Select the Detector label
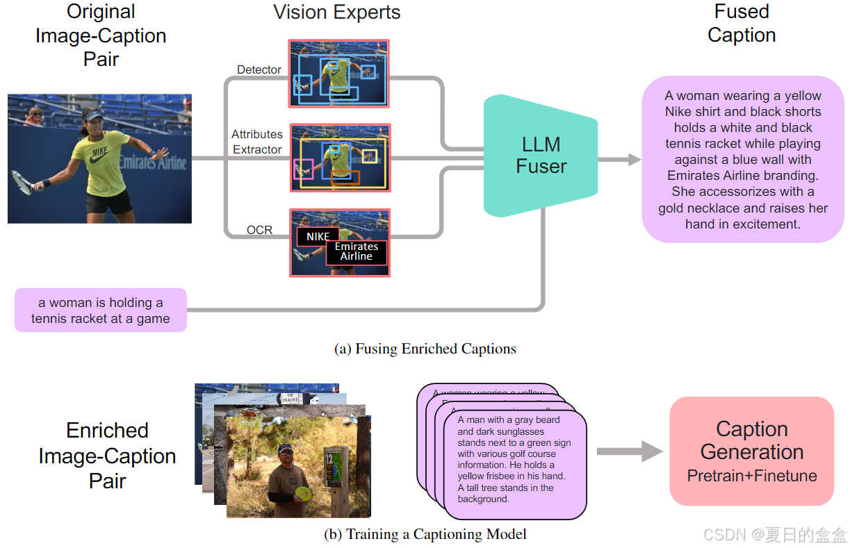(x=259, y=69)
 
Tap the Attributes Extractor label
(x=257, y=142)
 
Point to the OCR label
(x=259, y=230)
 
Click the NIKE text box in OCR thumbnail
(x=318, y=236)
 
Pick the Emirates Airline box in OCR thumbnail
(x=357, y=251)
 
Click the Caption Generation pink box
(x=751, y=451)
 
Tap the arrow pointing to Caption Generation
(x=630, y=451)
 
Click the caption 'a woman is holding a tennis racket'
(x=101, y=310)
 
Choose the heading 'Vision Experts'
(x=336, y=12)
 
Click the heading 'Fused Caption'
(x=742, y=23)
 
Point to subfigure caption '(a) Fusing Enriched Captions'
(x=425, y=349)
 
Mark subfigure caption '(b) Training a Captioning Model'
(x=425, y=534)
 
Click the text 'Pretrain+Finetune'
(x=752, y=476)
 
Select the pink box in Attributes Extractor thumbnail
(x=303, y=169)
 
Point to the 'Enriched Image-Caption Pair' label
(x=107, y=456)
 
